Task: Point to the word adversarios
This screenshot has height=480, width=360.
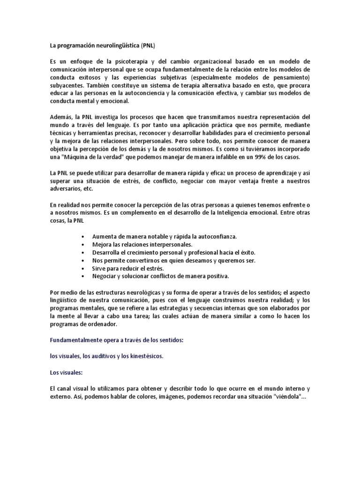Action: coord(66,189)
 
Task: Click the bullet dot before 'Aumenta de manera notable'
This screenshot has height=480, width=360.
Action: coord(83,237)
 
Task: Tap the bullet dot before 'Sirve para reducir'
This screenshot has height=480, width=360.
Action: coord(83,269)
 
